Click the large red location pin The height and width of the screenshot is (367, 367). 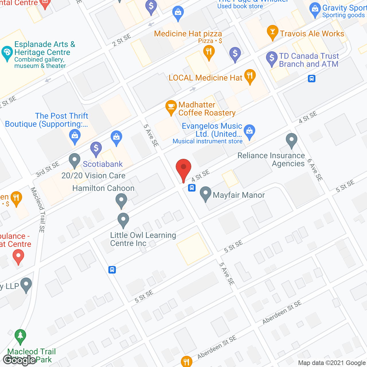(x=183, y=169)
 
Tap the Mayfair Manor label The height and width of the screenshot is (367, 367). (x=239, y=195)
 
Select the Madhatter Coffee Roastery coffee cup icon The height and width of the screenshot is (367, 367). (x=171, y=107)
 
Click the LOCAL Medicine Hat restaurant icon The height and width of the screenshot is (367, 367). (x=250, y=76)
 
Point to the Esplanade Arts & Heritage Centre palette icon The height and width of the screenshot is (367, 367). (x=7, y=53)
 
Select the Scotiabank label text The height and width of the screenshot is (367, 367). (x=103, y=164)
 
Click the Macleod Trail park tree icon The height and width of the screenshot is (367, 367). (x=20, y=336)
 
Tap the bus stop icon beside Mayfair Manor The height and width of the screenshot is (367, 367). (x=192, y=188)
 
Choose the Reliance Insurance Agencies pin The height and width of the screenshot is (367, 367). (x=292, y=140)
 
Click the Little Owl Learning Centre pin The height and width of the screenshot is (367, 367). (x=123, y=220)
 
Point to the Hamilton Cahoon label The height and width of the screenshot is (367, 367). (x=103, y=188)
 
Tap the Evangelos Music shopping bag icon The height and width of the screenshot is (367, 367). (x=250, y=131)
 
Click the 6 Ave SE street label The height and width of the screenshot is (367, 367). (x=315, y=170)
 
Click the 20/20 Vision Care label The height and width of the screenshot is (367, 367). (x=93, y=175)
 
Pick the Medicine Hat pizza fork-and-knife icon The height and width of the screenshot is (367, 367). (x=209, y=52)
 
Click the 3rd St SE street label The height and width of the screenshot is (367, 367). (x=47, y=169)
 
